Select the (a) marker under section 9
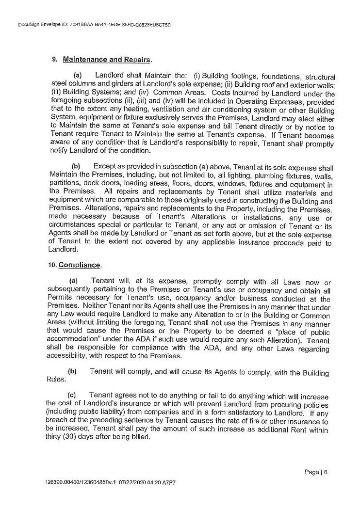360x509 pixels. coord(77,76)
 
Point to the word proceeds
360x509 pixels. coord(287,243)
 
